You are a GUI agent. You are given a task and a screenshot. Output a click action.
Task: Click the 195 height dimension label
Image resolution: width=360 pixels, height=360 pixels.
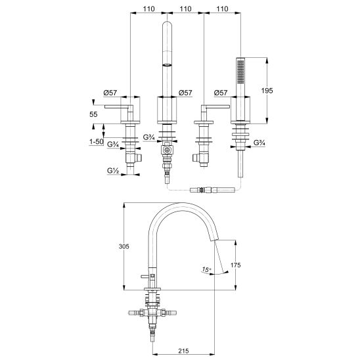[x=267, y=91]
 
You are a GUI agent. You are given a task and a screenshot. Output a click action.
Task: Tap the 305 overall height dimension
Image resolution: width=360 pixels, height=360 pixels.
[x=124, y=246]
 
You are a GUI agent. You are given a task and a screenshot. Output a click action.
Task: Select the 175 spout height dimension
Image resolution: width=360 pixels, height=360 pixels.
[x=236, y=265]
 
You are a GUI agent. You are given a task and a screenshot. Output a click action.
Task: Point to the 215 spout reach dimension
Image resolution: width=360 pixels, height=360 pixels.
[x=183, y=351]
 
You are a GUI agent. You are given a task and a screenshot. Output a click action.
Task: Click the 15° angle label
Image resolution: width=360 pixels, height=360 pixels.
[x=207, y=269]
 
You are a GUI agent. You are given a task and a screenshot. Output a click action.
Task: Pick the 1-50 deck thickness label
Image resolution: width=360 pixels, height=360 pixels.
[x=97, y=142]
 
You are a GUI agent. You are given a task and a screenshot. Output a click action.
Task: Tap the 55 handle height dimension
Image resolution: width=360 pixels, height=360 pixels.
[x=93, y=114]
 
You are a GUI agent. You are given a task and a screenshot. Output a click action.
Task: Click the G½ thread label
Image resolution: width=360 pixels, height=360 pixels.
[x=113, y=171]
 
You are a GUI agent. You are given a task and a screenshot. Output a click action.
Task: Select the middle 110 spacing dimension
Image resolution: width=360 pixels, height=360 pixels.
[x=185, y=9]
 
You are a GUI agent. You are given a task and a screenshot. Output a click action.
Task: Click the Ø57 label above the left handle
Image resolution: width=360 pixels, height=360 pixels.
[x=110, y=93]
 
